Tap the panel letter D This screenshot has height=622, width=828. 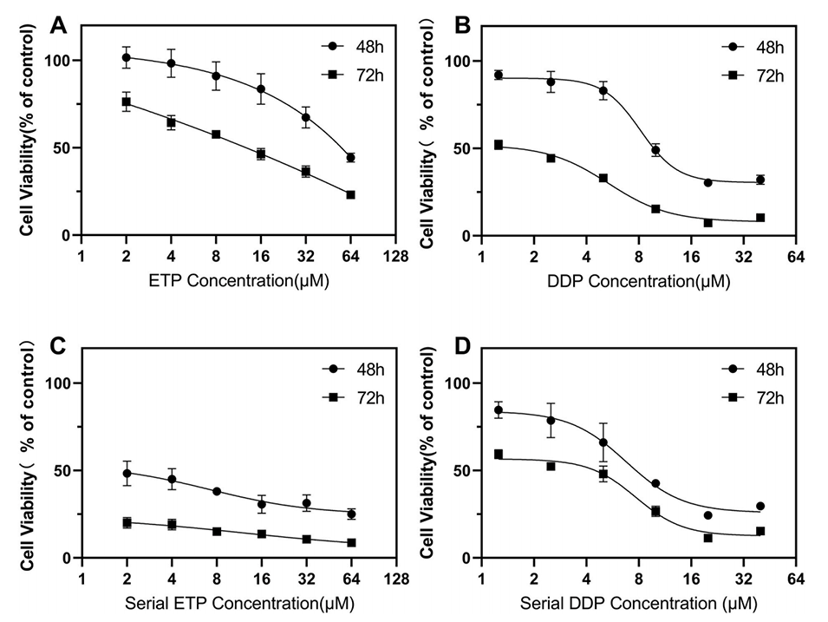(463, 348)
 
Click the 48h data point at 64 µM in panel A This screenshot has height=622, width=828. (350, 158)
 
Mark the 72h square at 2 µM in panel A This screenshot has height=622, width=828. (126, 102)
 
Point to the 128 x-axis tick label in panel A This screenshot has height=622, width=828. (396, 258)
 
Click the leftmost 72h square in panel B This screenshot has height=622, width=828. (499, 145)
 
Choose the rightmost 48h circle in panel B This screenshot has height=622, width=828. (760, 180)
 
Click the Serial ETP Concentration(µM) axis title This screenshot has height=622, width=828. (238, 603)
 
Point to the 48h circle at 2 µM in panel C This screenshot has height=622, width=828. (127, 474)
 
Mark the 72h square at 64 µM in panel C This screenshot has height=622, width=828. (350, 542)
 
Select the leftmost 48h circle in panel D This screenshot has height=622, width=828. (499, 410)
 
